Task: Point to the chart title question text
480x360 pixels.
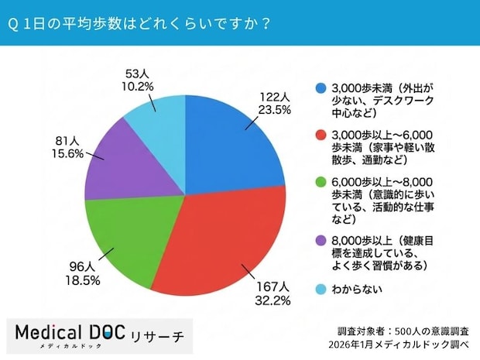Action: tap(139, 23)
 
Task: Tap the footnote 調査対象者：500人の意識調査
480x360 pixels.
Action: tap(403, 327)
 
